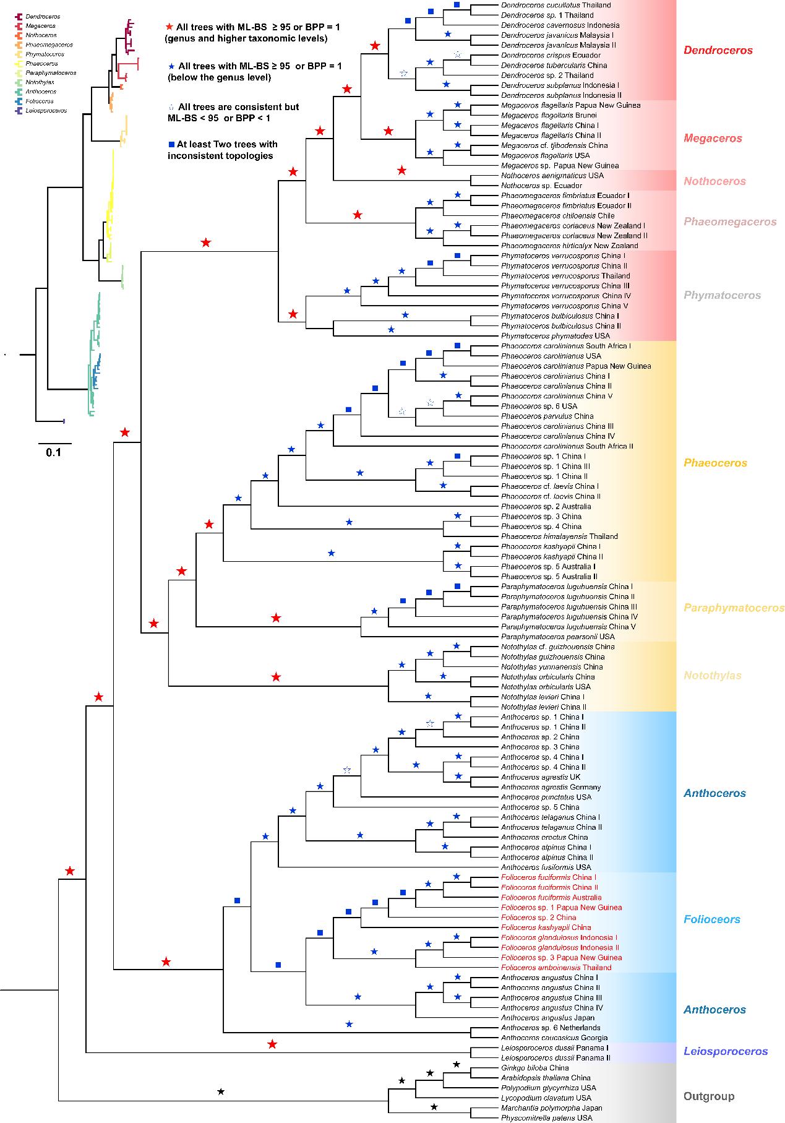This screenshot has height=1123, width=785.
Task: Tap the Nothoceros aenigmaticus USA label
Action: coord(552,176)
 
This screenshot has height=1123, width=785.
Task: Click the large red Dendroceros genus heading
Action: coord(718,50)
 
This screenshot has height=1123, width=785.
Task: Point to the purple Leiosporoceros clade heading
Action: coord(726,1051)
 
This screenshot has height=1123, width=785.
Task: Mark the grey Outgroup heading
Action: coord(709,1096)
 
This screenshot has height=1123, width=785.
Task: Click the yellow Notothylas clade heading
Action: coord(712,676)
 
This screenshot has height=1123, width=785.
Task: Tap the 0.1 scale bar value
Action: coord(54,452)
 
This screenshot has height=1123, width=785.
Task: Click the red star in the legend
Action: coord(170,27)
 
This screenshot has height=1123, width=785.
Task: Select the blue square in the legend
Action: coord(171,144)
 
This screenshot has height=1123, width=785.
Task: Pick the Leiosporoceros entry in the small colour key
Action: coord(47,111)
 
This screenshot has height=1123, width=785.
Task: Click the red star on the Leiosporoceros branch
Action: coord(272,1044)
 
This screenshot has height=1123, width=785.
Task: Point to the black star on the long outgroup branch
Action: coord(221,1091)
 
